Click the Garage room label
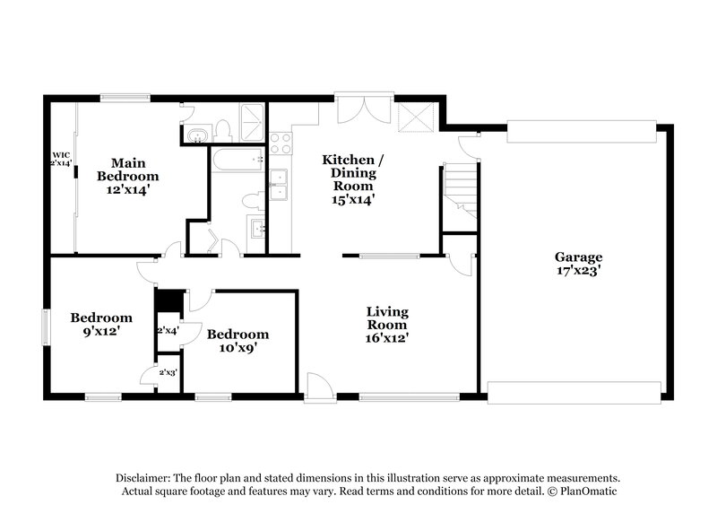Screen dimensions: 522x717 point(577,256)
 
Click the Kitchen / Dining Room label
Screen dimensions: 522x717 point(353,172)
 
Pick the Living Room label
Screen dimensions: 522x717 point(387,318)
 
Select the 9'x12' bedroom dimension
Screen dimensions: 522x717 point(101,331)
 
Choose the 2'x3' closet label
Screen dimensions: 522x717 point(167,371)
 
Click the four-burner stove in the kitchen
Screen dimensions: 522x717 point(281,143)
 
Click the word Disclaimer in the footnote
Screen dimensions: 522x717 point(144,478)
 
